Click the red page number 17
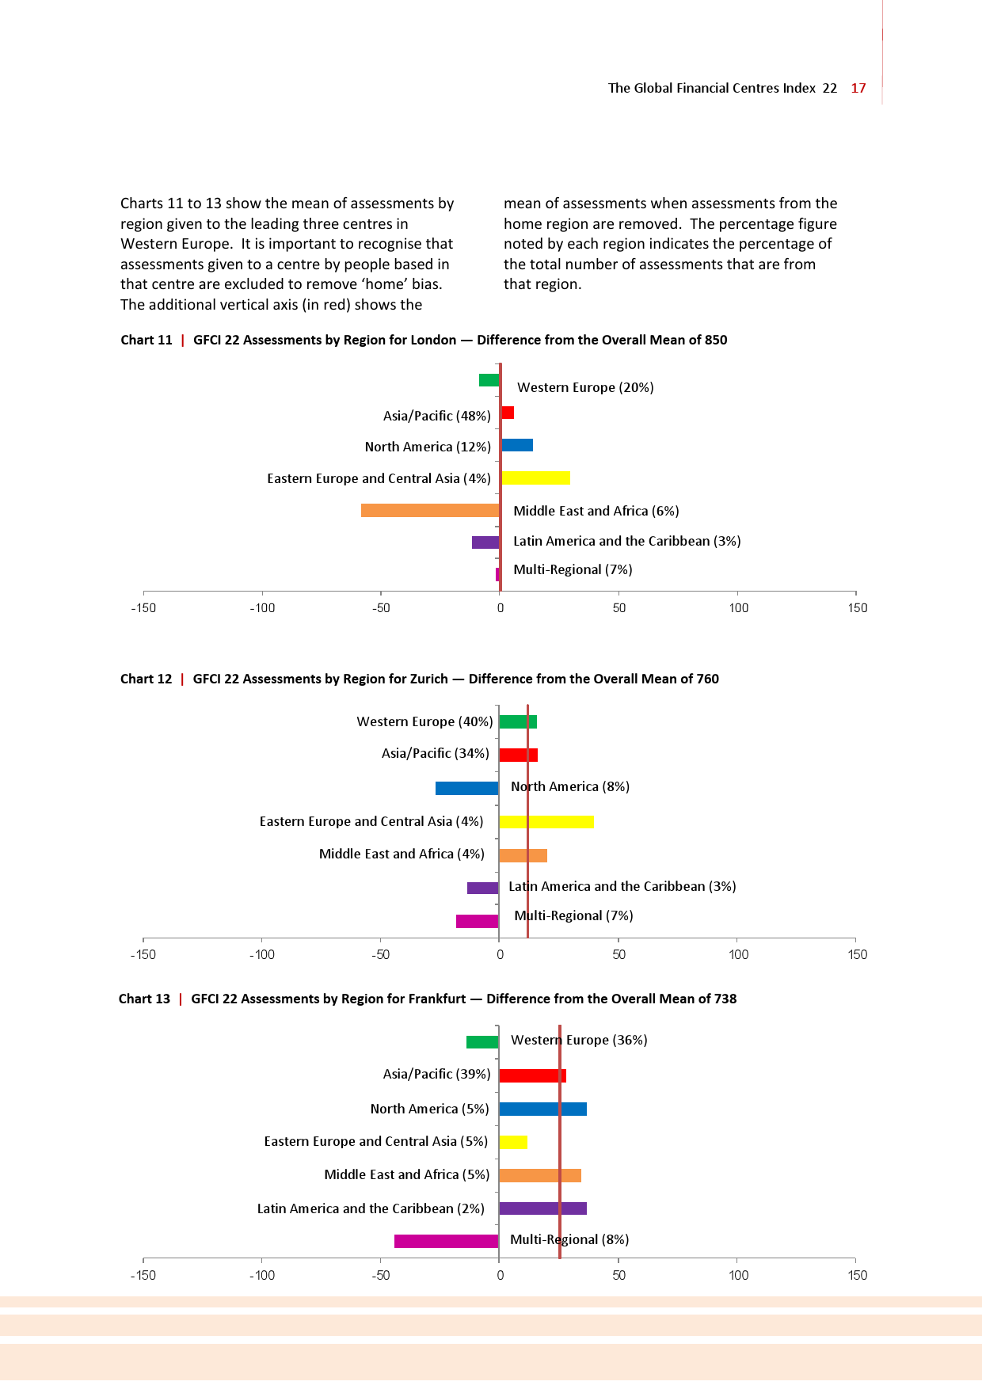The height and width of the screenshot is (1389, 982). tap(858, 88)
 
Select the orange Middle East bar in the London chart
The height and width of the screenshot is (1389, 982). tap(430, 510)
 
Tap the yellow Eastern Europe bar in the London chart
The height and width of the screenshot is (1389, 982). tap(535, 478)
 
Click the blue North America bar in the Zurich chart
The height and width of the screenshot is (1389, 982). tap(466, 788)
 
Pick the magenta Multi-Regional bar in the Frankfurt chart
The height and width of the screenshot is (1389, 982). tap(446, 1241)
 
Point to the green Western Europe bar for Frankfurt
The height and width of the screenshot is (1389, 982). tap(482, 1042)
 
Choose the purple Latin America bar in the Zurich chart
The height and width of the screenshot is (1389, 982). tap(482, 888)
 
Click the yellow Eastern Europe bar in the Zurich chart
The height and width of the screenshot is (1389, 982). tap(546, 822)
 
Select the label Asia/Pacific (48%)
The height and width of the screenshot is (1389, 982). tap(436, 416)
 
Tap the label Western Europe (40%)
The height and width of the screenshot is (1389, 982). tap(424, 721)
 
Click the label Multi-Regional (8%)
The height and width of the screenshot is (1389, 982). tap(569, 1239)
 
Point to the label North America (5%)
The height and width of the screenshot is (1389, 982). tap(429, 1109)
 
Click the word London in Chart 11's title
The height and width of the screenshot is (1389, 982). tap(434, 340)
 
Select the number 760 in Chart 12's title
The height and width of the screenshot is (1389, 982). tap(707, 679)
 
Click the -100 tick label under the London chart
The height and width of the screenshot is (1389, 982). tap(262, 608)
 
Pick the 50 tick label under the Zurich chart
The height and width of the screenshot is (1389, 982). tap(619, 955)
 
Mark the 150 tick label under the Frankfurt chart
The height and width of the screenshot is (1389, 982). tap(857, 1275)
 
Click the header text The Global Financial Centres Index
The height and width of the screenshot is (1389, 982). tap(711, 88)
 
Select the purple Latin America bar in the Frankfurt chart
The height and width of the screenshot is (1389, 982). tap(542, 1208)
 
